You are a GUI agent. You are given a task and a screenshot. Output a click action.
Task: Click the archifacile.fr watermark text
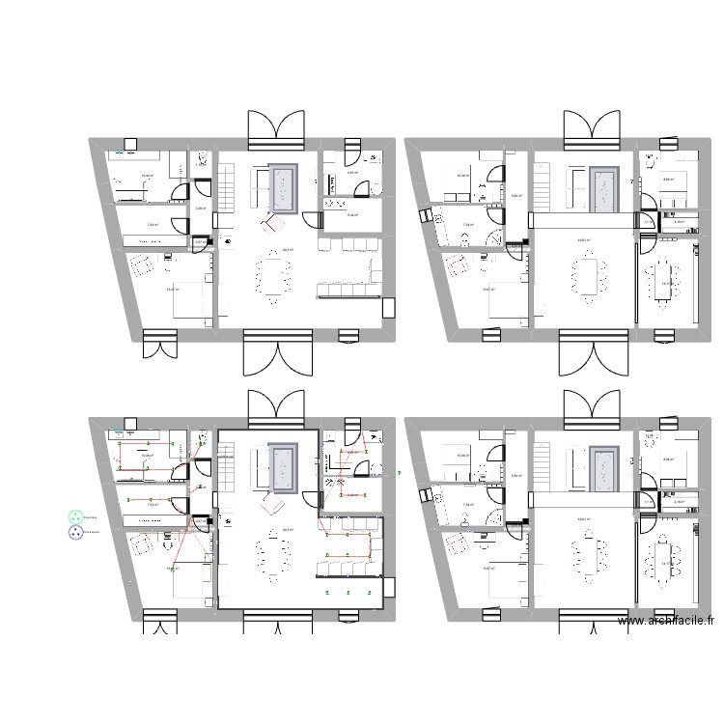(x=666, y=624)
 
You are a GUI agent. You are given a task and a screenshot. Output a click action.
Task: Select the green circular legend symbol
(x=75, y=517)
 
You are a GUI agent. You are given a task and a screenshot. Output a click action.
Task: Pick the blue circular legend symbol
(x=75, y=532)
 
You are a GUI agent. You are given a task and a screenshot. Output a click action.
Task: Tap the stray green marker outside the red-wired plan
(x=399, y=473)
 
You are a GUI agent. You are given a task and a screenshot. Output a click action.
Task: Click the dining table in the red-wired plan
(x=273, y=558)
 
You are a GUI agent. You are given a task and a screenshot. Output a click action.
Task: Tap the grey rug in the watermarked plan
(x=605, y=467)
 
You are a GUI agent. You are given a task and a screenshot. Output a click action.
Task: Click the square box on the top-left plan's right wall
(x=389, y=308)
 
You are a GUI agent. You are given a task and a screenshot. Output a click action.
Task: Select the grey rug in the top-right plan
(x=605, y=187)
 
